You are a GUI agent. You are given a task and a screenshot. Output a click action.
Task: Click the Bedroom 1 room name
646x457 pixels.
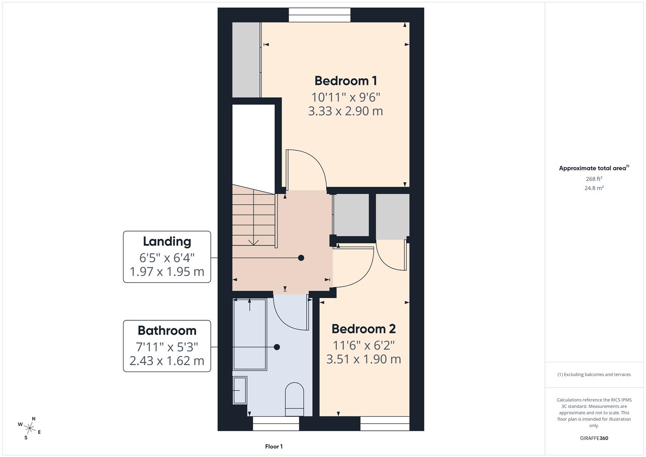(x=346, y=80)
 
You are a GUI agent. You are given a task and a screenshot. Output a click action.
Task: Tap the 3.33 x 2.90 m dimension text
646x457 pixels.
(x=346, y=111)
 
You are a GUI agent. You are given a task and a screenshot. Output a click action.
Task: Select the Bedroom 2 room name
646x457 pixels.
(x=363, y=328)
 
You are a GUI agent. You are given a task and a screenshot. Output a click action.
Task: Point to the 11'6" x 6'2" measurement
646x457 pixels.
(x=363, y=345)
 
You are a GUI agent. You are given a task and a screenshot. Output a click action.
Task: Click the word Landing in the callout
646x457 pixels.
(x=167, y=241)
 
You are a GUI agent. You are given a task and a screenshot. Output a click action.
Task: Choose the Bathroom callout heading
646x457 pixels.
(x=167, y=330)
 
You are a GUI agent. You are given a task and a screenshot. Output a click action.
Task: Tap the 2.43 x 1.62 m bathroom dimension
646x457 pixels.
(x=167, y=361)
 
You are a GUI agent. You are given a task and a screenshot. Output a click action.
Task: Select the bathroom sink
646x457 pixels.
(x=240, y=390)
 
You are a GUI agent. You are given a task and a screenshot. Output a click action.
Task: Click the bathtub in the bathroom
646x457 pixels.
(x=250, y=334)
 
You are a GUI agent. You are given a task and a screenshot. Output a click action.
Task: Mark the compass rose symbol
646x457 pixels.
(x=30, y=427)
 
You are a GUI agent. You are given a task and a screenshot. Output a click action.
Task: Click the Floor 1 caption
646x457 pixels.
(x=274, y=446)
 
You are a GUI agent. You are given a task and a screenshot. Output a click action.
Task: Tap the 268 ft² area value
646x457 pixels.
(x=594, y=179)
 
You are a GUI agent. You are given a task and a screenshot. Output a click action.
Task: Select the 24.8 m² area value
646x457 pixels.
(x=594, y=188)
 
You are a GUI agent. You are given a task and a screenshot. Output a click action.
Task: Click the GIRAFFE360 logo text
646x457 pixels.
(x=594, y=438)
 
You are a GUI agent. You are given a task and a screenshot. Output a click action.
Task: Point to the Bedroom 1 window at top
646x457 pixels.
(x=320, y=15)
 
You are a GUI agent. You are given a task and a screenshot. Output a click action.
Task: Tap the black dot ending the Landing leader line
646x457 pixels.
(x=301, y=258)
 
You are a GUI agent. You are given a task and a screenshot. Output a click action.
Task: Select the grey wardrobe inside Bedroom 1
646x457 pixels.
(x=246, y=60)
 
